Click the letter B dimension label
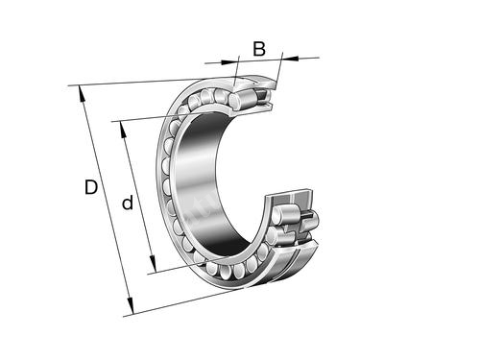coord(259,49)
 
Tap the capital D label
coord(91,187)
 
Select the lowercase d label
coord(128,203)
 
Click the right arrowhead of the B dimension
coord(290,58)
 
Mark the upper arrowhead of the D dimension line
coord(82,93)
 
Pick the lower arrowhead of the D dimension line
coord(130,305)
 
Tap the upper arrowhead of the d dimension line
coord(123,130)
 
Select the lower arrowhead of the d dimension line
coord(153,264)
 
